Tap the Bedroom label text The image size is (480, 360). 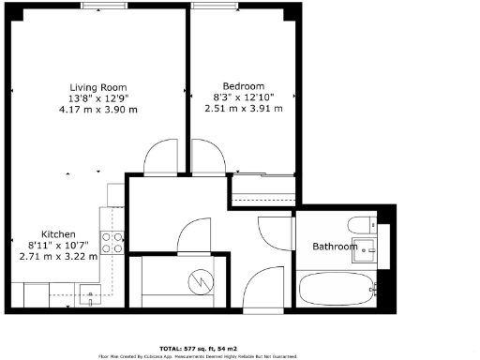243,82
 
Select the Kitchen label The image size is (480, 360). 58,234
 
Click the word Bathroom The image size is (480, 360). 336,247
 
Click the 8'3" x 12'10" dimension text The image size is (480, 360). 243,96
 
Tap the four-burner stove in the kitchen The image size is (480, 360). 112,243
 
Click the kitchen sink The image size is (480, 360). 90,297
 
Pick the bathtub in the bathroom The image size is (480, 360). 337,289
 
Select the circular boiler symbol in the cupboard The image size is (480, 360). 199,279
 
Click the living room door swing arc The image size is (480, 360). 161,156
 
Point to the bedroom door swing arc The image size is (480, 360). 209,156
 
